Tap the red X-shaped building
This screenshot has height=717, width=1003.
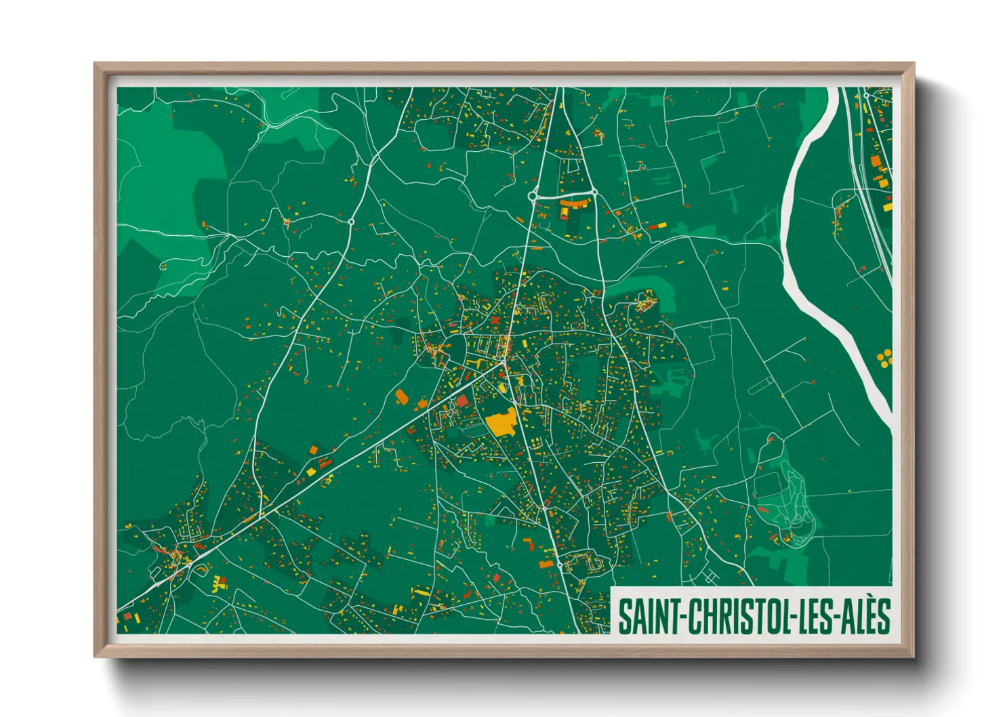click(x=495, y=321)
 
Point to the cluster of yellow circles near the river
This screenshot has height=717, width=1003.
click(x=884, y=357)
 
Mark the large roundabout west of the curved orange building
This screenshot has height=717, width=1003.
click(x=533, y=196)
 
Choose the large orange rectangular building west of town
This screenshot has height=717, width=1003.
click(x=402, y=397)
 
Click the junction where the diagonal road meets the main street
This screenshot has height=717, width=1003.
click(x=504, y=364)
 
